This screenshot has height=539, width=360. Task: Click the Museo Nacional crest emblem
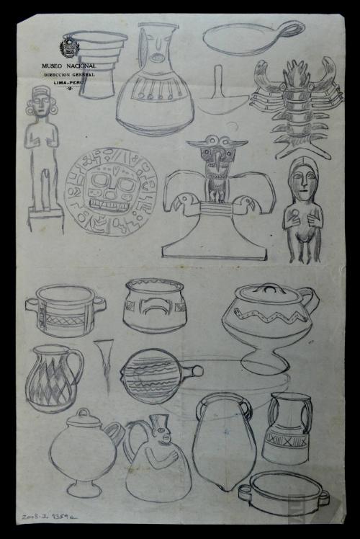click(x=68, y=49)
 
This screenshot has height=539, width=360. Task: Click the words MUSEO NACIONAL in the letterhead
click(x=68, y=66)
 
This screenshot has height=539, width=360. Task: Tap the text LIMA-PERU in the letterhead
click(x=68, y=83)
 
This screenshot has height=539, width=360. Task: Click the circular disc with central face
click(x=111, y=191)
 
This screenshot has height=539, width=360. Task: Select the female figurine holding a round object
click(x=302, y=209)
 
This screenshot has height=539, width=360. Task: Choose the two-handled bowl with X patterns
click(x=66, y=311)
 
